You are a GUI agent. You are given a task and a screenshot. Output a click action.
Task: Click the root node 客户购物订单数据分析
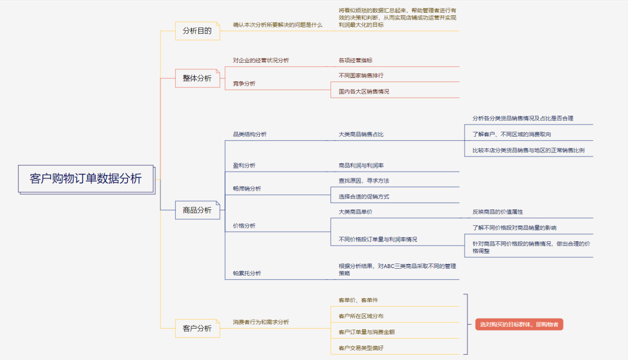(x=85, y=179)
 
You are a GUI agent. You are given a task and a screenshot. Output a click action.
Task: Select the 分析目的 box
(x=197, y=31)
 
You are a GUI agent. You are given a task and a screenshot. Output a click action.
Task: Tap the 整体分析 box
(x=197, y=78)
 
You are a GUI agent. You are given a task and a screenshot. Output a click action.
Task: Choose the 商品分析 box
(x=197, y=210)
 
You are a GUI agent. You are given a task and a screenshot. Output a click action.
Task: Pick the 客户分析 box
(x=197, y=329)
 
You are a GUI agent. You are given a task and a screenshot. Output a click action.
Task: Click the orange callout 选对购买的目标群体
(x=519, y=325)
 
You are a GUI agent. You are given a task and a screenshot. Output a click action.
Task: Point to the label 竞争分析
(x=244, y=84)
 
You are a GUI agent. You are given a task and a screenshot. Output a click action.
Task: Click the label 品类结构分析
(x=250, y=134)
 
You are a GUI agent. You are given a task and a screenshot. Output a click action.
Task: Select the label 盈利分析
(x=244, y=166)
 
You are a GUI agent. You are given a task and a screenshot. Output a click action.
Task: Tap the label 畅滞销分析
(x=247, y=188)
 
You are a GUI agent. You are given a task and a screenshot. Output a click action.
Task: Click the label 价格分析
(x=244, y=226)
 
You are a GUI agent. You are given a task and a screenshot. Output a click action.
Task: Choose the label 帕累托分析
(x=247, y=273)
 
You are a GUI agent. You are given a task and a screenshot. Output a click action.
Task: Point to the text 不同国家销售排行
(x=361, y=76)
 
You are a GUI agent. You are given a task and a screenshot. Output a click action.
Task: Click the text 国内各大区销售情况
(x=364, y=92)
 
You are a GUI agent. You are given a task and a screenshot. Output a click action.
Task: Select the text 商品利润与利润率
(x=361, y=166)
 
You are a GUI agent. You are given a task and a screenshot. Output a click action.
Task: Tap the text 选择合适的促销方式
(x=364, y=197)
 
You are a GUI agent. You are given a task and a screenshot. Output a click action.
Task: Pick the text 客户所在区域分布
(x=361, y=316)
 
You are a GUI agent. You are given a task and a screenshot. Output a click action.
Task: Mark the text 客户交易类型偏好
(x=361, y=348)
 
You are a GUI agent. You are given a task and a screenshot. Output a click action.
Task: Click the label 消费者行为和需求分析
(x=261, y=322)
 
